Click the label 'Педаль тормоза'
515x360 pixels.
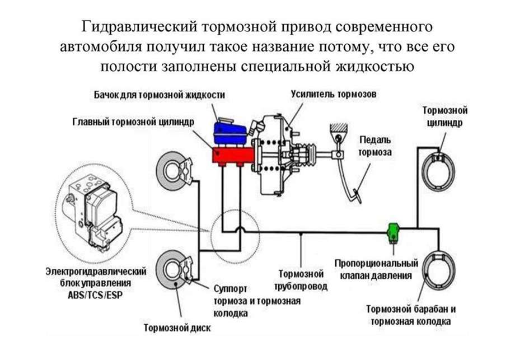pyautogui.click(x=376, y=145)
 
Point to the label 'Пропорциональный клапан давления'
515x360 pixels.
pyautogui.click(x=376, y=269)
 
